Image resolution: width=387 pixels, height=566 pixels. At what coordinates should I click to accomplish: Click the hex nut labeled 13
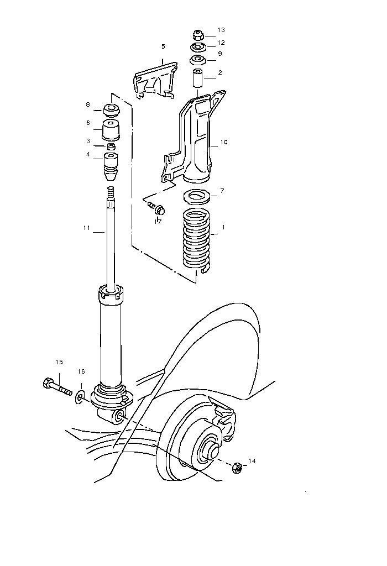pyautogui.click(x=197, y=35)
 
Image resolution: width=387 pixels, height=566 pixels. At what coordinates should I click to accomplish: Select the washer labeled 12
pyautogui.click(x=197, y=48)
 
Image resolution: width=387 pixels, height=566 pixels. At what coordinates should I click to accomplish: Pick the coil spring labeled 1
pyautogui.click(x=196, y=240)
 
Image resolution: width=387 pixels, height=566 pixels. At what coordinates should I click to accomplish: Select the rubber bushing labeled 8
pyautogui.click(x=112, y=110)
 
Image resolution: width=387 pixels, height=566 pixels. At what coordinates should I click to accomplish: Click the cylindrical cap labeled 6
pyautogui.click(x=111, y=130)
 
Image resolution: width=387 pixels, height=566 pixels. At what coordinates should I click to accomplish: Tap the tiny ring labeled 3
pyautogui.click(x=111, y=146)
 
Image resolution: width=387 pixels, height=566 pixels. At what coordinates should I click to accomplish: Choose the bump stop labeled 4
pyautogui.click(x=111, y=166)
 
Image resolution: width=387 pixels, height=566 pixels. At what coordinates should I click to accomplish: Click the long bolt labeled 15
pyautogui.click(x=57, y=387)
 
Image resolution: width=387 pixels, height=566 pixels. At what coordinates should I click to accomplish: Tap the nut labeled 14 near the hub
pyautogui.click(x=238, y=467)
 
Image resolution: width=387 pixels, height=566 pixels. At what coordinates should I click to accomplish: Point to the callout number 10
pyautogui.click(x=224, y=142)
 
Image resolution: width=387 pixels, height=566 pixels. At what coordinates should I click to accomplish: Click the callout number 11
pyautogui.click(x=87, y=228)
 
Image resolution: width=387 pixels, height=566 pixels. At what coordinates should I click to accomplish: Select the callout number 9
pyautogui.click(x=220, y=54)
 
